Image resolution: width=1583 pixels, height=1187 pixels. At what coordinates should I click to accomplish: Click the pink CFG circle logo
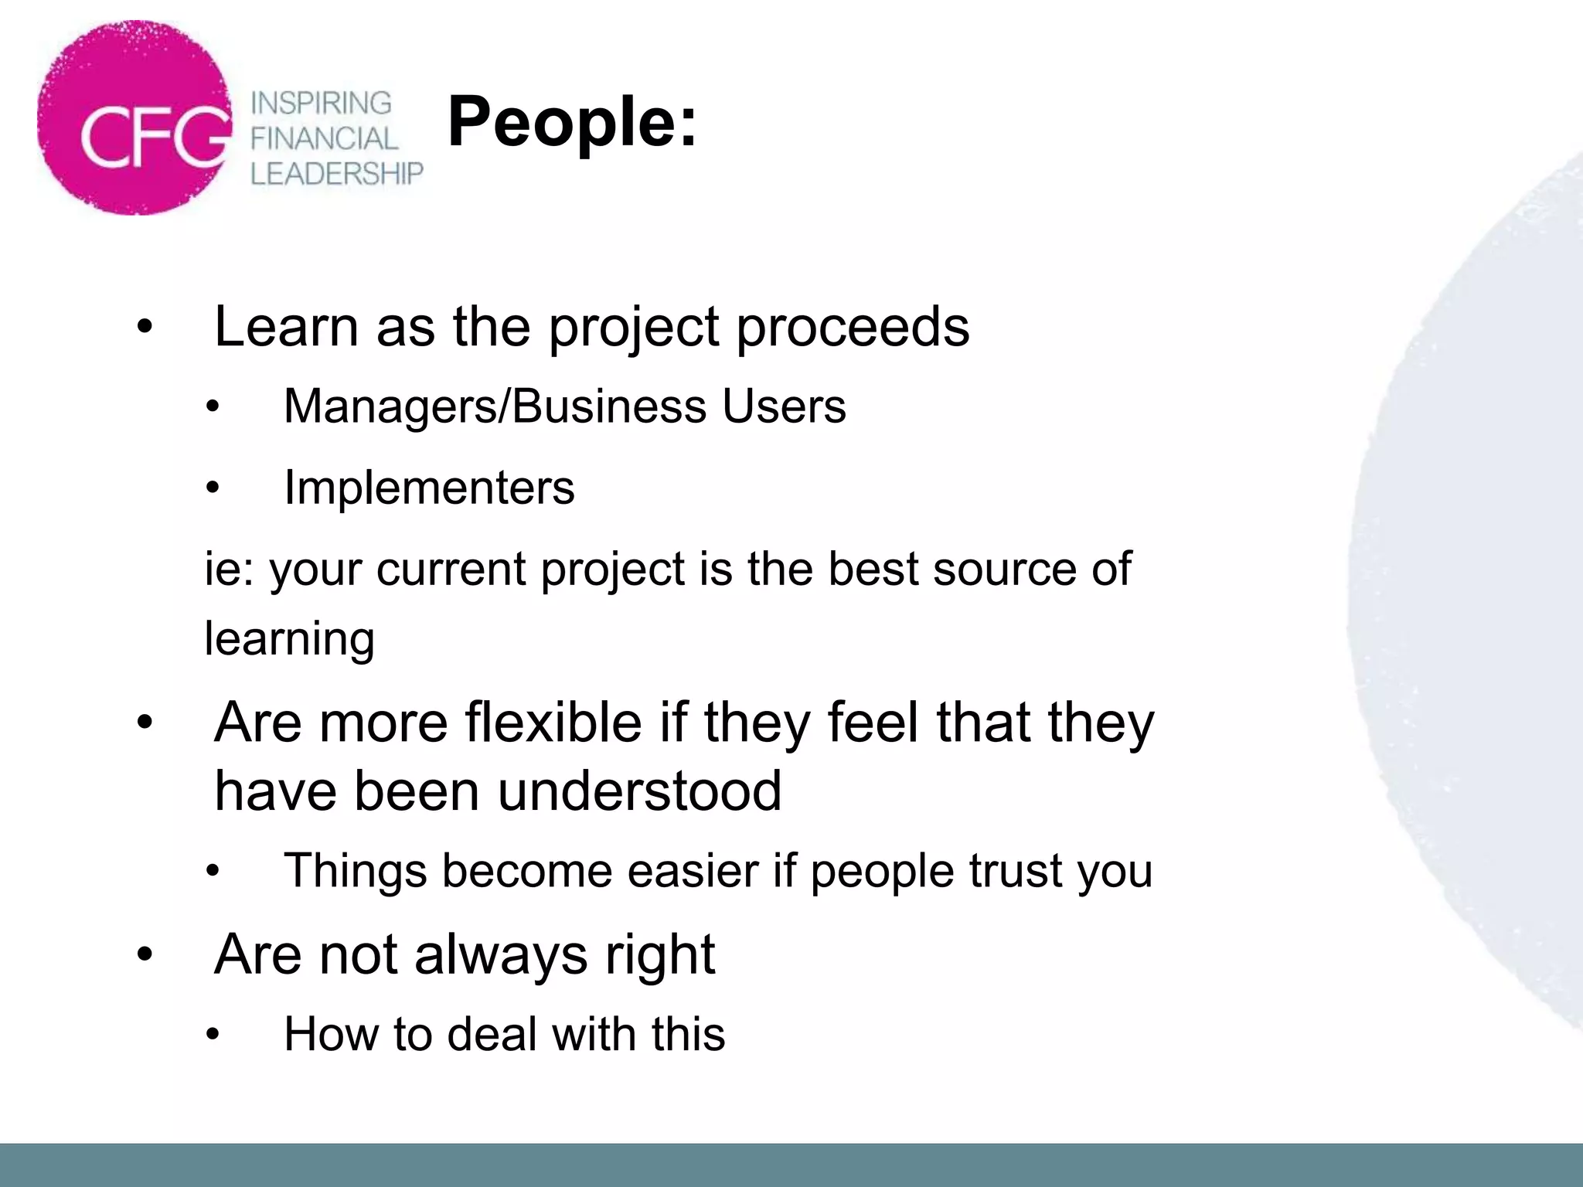[134, 118]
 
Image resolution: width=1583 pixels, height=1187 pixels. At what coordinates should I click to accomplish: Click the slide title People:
[572, 121]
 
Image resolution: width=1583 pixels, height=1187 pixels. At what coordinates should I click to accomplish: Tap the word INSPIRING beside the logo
[322, 103]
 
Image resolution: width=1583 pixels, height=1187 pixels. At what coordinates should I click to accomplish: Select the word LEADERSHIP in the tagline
[337, 173]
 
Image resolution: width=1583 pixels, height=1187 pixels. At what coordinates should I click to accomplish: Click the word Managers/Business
[495, 406]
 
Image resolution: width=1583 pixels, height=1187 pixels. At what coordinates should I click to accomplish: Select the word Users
[784, 406]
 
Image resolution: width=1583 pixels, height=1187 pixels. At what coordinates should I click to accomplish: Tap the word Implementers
[429, 488]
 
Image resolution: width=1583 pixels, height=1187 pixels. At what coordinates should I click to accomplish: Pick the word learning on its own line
[289, 640]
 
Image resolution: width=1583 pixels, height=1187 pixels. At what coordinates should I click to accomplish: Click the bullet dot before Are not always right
[145, 956]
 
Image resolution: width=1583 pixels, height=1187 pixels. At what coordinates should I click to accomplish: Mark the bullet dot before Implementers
[213, 488]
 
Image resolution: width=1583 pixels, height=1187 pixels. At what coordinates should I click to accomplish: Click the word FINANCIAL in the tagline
[324, 138]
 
